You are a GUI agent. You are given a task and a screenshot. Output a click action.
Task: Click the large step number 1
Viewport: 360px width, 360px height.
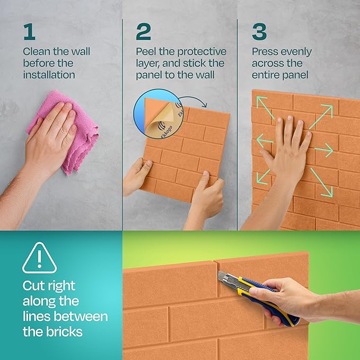[x=29, y=32]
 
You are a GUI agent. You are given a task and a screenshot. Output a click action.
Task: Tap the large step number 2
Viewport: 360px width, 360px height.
[x=143, y=32]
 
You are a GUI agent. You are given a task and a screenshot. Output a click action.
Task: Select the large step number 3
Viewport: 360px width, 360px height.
[x=259, y=32]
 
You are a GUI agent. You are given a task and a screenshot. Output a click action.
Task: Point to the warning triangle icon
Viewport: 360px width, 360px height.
[x=39, y=258]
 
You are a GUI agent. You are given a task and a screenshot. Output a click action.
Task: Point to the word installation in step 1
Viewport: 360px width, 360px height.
[x=49, y=75]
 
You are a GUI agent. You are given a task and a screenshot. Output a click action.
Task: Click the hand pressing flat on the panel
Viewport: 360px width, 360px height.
[x=286, y=148]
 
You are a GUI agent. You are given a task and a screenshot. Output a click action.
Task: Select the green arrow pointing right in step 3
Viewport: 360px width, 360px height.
[x=324, y=151]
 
